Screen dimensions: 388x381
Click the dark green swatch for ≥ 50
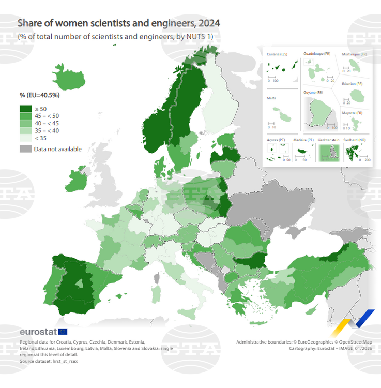(26, 109)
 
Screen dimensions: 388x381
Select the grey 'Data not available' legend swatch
(26, 149)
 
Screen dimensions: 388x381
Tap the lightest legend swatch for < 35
(26, 138)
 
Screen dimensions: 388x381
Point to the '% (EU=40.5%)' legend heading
(39, 95)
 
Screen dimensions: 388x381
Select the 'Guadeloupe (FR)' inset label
(316, 54)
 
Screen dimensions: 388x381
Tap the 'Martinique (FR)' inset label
(355, 54)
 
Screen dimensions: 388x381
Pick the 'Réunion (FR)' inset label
(352, 83)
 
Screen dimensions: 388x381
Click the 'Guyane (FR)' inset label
(313, 92)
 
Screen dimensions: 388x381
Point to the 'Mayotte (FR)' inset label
(353, 113)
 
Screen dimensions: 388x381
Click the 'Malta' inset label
(271, 98)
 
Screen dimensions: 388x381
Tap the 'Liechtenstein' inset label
(329, 140)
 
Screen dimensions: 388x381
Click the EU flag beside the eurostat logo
(63, 332)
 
